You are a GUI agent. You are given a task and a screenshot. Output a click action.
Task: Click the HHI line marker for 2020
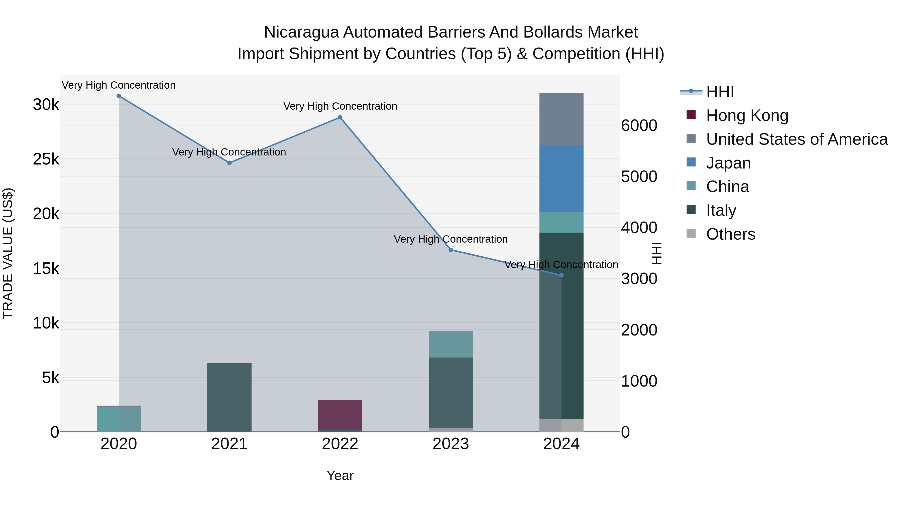click(119, 96)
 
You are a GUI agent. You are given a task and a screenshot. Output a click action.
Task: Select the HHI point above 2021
click(229, 163)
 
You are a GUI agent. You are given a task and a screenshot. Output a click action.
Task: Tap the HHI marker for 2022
click(340, 118)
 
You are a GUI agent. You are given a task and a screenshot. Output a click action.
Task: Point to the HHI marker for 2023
click(451, 250)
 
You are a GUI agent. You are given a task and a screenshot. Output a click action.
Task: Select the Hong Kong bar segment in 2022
click(340, 415)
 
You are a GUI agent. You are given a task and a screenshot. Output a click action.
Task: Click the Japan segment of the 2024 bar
click(561, 179)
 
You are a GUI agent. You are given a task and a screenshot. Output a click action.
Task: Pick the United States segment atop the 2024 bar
click(561, 119)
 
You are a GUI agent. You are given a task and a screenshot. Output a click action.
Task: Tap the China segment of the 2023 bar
click(451, 344)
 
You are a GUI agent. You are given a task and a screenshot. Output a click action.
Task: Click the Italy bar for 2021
click(229, 398)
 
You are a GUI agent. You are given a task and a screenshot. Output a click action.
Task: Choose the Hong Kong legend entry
click(747, 115)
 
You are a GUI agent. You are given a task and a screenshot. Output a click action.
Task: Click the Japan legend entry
click(728, 163)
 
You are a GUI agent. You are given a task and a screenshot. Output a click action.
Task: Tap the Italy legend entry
click(721, 210)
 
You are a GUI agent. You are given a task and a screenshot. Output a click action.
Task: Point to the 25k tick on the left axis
click(46, 159)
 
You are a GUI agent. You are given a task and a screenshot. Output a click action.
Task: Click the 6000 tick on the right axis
click(639, 126)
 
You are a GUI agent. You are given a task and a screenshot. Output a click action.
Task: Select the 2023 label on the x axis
click(451, 444)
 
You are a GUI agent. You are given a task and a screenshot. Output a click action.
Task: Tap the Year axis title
click(340, 475)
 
